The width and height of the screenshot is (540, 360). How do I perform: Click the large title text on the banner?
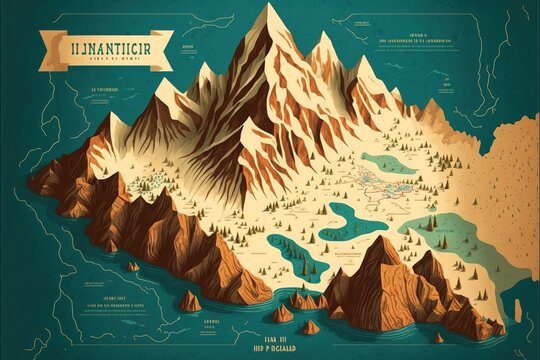coord(104,45)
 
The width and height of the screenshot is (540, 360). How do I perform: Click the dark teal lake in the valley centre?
coord(349,214)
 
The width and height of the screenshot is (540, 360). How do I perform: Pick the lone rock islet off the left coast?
coord(134,266)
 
